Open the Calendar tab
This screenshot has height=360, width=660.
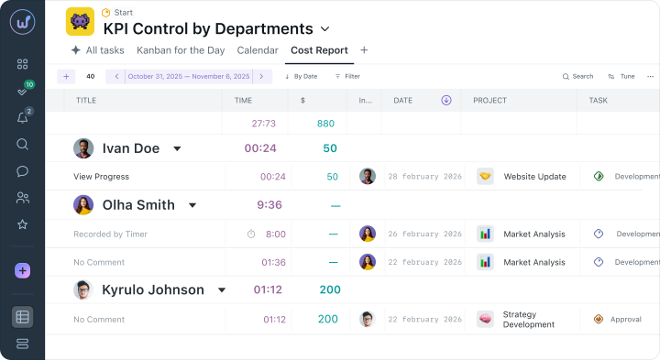click(258, 50)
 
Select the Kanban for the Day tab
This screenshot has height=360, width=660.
click(181, 50)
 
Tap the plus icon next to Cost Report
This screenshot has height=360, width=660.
click(364, 50)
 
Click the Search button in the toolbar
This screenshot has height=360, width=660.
click(577, 77)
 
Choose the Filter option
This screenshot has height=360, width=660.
click(347, 77)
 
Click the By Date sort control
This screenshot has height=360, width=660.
click(302, 77)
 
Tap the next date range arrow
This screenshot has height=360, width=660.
click(261, 77)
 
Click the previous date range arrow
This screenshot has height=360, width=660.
click(116, 77)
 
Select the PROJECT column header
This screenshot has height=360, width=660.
click(489, 101)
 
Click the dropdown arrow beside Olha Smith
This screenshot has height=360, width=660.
click(192, 205)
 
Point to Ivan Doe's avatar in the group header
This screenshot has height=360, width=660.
click(83, 148)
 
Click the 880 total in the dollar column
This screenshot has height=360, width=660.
click(325, 124)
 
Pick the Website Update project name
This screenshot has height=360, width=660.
click(534, 177)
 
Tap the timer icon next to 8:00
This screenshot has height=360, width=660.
click(251, 234)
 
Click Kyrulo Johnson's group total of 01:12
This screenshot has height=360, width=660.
click(268, 289)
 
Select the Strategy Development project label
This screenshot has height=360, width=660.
click(529, 319)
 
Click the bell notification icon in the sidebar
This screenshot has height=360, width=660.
click(22, 118)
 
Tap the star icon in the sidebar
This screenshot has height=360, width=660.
click(22, 224)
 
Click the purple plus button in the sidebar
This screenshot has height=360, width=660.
click(22, 270)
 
